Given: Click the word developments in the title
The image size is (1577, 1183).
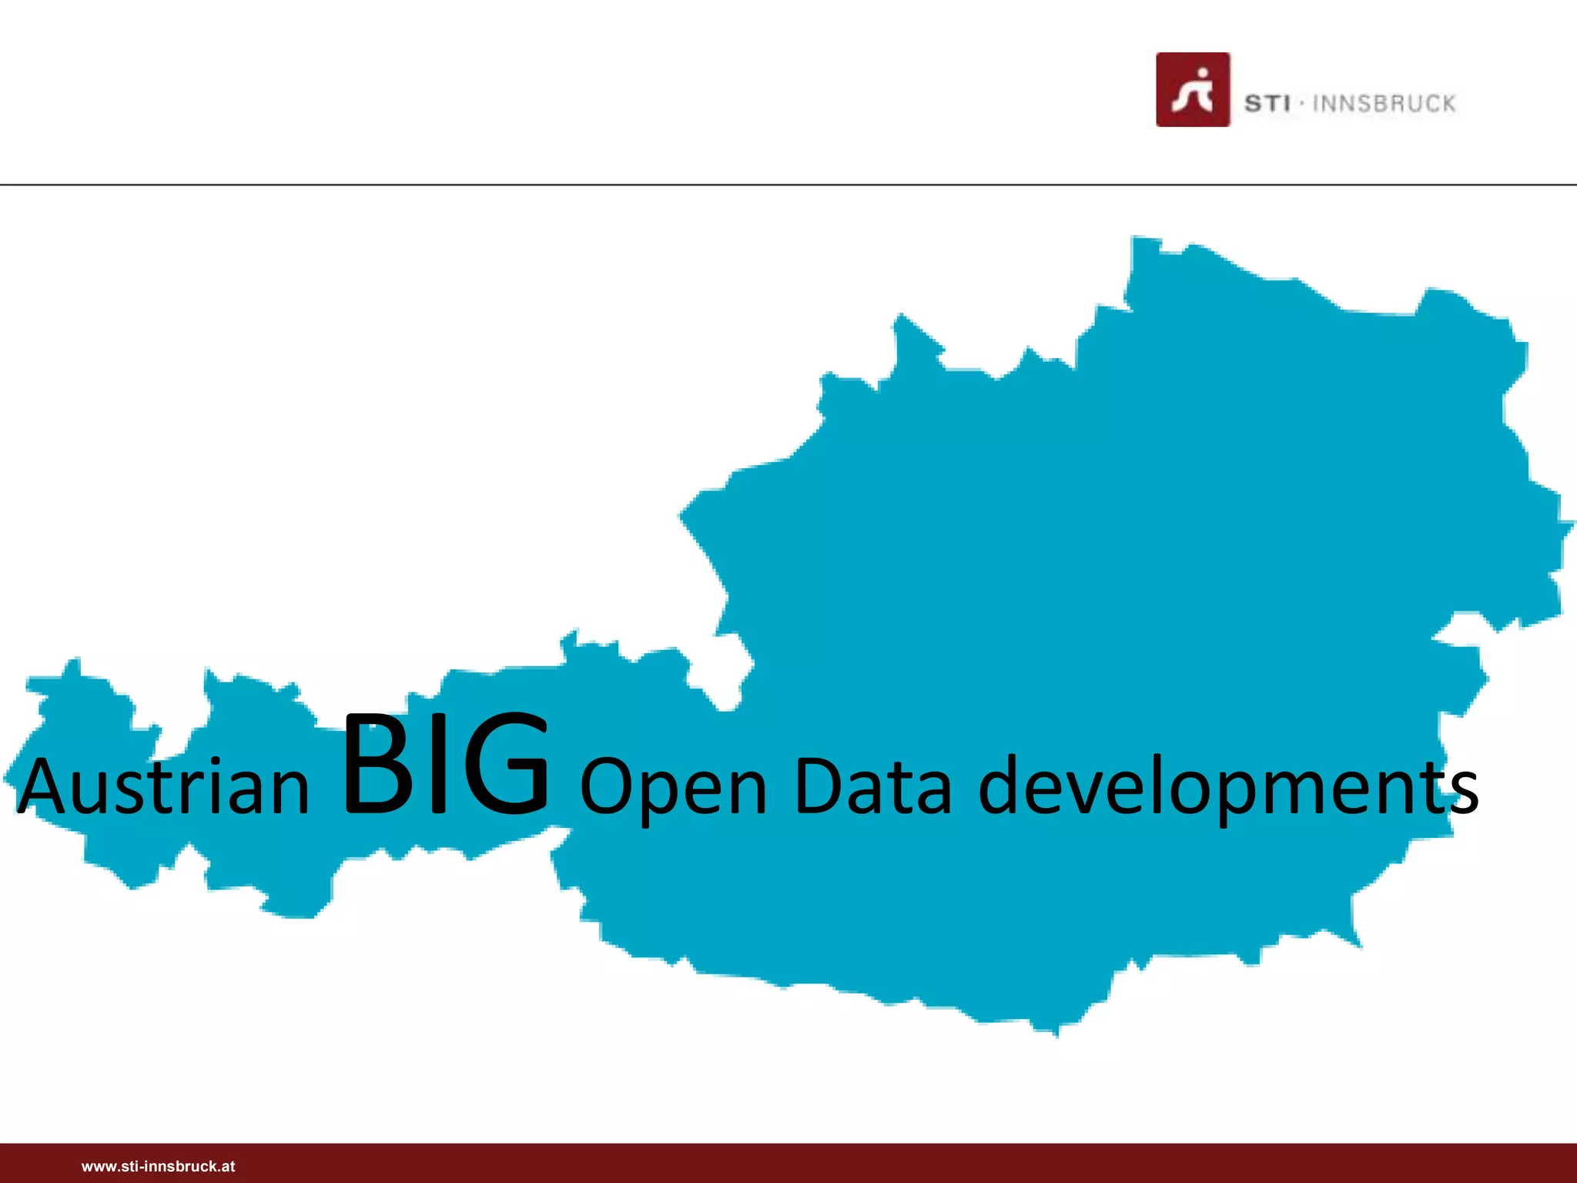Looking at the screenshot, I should (1227, 787).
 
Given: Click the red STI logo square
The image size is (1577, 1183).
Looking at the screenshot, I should (1192, 89).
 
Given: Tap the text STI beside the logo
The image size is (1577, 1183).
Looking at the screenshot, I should (1267, 103).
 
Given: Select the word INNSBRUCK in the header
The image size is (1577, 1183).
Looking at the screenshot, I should (1384, 103).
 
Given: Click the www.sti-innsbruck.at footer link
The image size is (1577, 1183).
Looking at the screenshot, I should (158, 1166).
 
